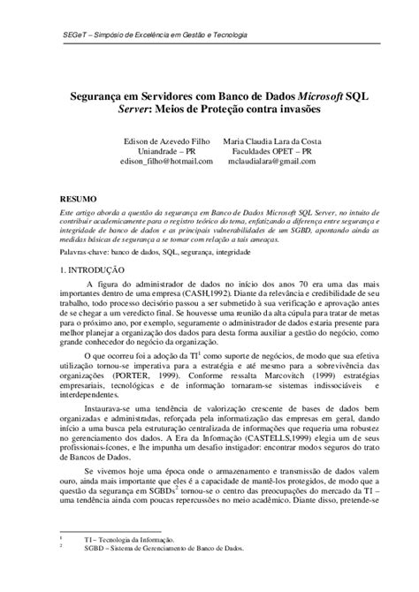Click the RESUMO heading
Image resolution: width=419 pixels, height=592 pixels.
(77, 200)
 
